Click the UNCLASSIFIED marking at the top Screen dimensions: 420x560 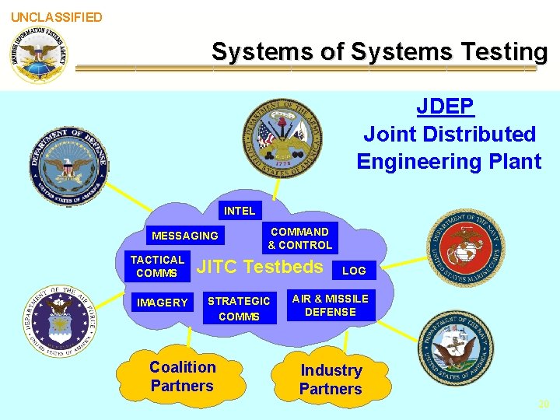click(x=56, y=17)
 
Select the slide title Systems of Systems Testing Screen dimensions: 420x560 click(x=380, y=52)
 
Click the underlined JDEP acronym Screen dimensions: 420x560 click(x=445, y=106)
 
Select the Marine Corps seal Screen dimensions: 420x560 click(x=467, y=248)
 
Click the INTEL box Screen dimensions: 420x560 click(x=239, y=211)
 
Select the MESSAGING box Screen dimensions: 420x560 click(x=185, y=236)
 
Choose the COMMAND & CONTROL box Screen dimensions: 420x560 click(x=299, y=238)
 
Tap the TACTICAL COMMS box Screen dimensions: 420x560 click(x=157, y=267)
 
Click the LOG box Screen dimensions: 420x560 click(x=354, y=271)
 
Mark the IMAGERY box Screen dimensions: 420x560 click(x=162, y=303)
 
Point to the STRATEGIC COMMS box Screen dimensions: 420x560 click(x=239, y=309)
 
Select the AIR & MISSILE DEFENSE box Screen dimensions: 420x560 click(x=331, y=306)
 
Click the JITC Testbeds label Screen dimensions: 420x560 click(x=260, y=268)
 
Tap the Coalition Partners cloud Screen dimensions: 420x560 click(x=182, y=376)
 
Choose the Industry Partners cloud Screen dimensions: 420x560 click(x=331, y=380)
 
